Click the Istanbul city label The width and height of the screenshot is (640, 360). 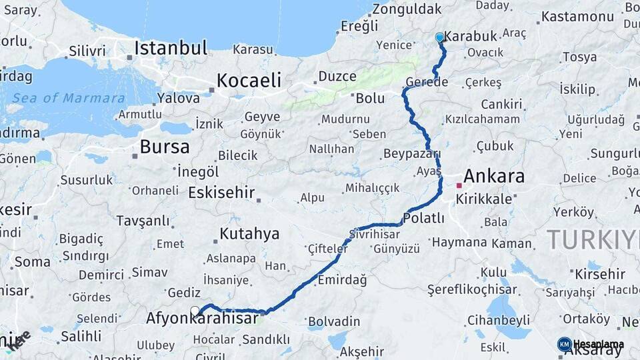pos(171,48)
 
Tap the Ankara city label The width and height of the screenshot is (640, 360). pos(493,177)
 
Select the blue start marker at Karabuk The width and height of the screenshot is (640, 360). pos(439,37)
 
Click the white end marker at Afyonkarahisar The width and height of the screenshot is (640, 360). pos(195,310)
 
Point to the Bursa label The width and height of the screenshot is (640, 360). pos(165,147)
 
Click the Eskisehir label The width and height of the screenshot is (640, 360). pos(221,193)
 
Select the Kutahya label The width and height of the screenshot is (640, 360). pos(249,234)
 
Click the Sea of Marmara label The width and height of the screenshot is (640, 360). pos(68,99)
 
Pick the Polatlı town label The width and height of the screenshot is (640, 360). pos(424,218)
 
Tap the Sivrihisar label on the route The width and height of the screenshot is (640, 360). pos(375,235)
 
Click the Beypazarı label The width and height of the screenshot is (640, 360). pos(412,154)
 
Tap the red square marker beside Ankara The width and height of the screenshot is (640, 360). pos(459,185)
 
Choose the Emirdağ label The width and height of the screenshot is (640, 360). pos(342,280)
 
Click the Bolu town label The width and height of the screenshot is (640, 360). pos(370,98)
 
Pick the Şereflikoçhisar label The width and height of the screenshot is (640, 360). pos(472,289)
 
